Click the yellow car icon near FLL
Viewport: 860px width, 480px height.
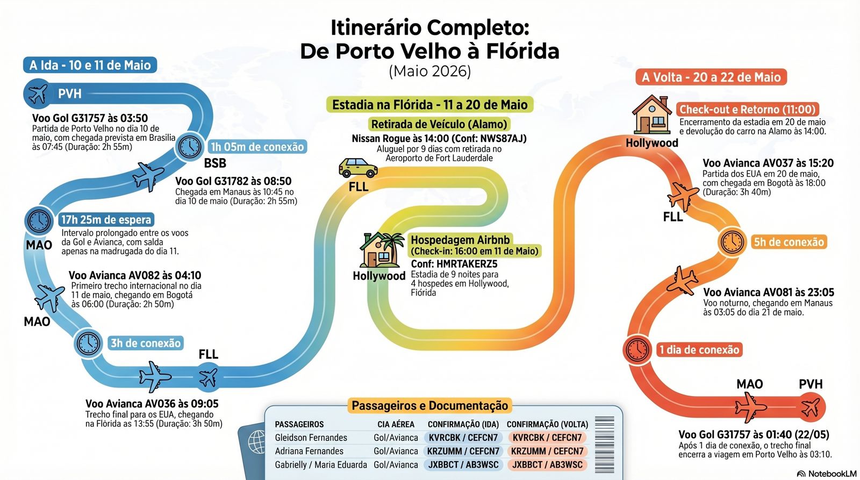click(358, 168)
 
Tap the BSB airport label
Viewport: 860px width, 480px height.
click(214, 163)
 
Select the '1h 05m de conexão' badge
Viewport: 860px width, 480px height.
click(257, 147)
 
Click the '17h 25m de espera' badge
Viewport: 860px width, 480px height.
click(106, 220)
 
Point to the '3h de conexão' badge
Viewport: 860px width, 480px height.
click(146, 343)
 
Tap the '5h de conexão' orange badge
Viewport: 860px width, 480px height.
click(789, 242)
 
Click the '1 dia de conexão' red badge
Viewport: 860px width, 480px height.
click(699, 350)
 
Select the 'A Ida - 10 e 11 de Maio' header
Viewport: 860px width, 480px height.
click(90, 65)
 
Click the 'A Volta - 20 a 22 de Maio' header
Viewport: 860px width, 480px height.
click(711, 77)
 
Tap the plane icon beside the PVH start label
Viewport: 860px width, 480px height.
click(38, 94)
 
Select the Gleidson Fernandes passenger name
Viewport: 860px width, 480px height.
click(311, 438)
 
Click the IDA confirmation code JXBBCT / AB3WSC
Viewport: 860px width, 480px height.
click(463, 464)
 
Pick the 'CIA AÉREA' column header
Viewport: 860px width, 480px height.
click(396, 424)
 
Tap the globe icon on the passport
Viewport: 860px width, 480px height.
click(256, 442)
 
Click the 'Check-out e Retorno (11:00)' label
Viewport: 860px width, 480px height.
click(748, 110)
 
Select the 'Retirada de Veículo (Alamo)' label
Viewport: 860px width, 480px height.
click(439, 124)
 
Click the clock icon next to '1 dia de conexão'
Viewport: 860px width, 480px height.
click(637, 350)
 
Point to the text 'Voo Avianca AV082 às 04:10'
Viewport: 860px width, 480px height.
click(135, 275)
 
